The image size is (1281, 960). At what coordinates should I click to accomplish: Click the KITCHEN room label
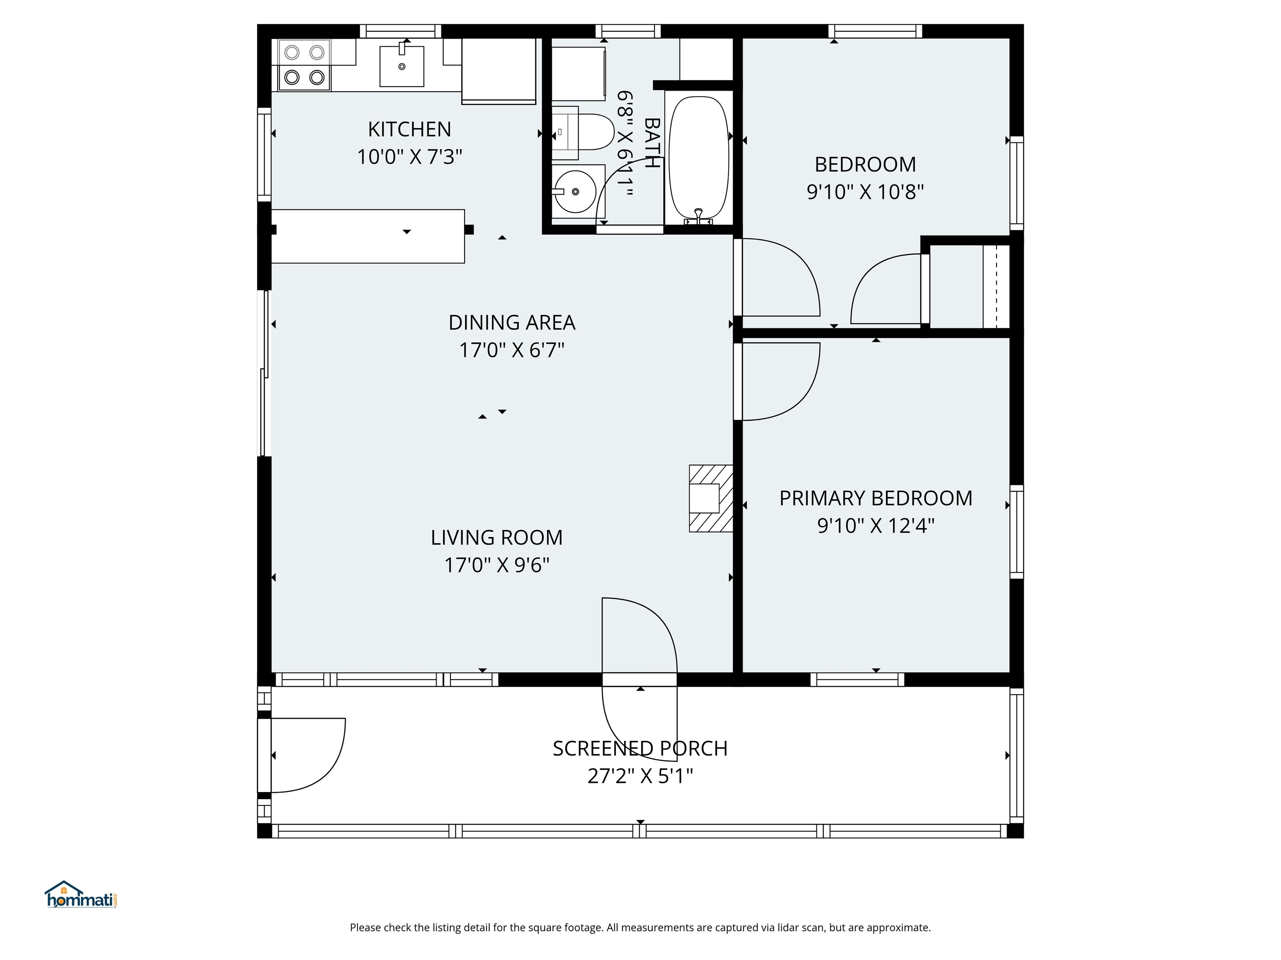click(409, 129)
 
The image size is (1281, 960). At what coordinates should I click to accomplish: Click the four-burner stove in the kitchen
click(304, 65)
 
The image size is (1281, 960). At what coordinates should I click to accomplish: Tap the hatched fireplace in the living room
click(711, 498)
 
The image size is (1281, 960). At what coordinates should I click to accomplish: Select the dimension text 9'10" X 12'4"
click(876, 525)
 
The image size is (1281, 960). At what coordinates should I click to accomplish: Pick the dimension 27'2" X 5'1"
click(640, 776)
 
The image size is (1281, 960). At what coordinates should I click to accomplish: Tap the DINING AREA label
click(512, 322)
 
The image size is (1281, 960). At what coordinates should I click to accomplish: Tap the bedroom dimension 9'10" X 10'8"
click(865, 192)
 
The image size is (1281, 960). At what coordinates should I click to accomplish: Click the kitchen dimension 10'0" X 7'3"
click(409, 157)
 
